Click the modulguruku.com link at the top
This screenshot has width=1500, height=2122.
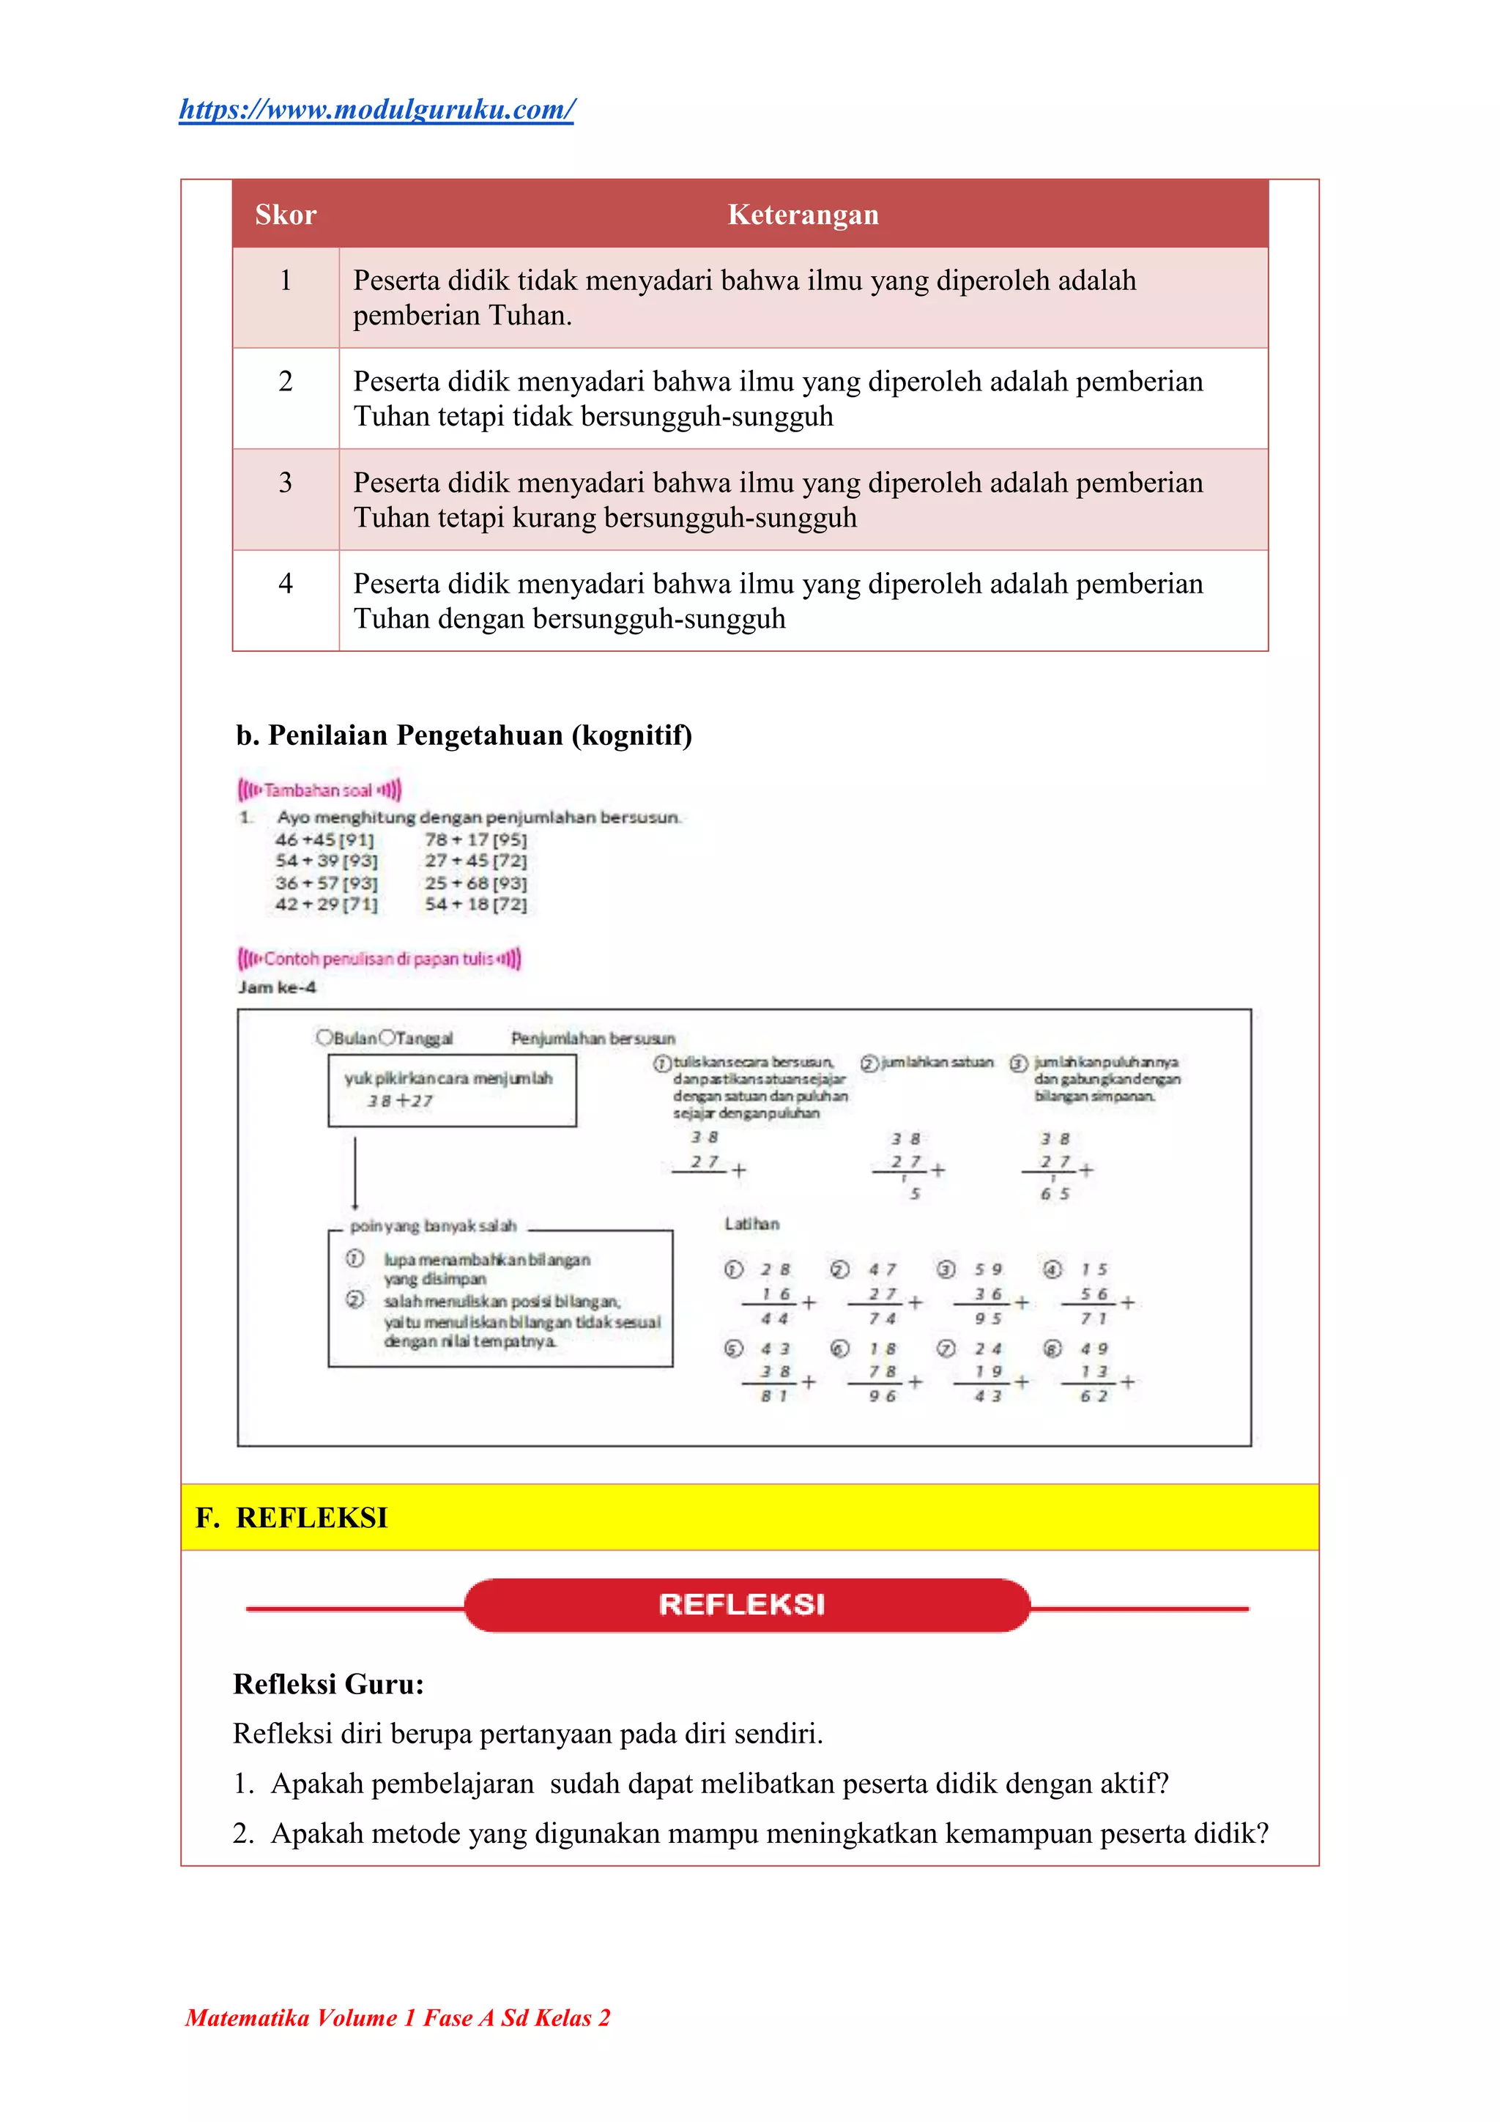click(376, 110)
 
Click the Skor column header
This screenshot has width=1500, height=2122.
click(286, 215)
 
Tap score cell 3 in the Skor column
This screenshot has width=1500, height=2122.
click(286, 483)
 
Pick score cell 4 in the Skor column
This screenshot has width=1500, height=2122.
click(286, 583)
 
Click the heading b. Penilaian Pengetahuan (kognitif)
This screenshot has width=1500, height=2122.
click(464, 735)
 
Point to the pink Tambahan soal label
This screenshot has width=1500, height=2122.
click(319, 790)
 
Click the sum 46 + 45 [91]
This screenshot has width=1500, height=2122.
click(324, 840)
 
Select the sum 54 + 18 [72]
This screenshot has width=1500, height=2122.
click(476, 904)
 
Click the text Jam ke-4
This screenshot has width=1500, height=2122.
click(278, 987)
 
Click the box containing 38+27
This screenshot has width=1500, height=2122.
click(452, 1091)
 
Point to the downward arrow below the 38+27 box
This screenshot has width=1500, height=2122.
click(355, 1172)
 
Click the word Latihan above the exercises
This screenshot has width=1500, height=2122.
click(751, 1224)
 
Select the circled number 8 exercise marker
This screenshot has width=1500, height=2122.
click(1052, 1348)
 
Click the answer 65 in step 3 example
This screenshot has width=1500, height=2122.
click(1055, 1194)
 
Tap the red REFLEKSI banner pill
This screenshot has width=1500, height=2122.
click(746, 1604)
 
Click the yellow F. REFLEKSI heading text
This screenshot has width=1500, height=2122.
click(293, 1518)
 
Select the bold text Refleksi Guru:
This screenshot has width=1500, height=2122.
click(328, 1684)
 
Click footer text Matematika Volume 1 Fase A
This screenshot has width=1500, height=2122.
click(398, 2017)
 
